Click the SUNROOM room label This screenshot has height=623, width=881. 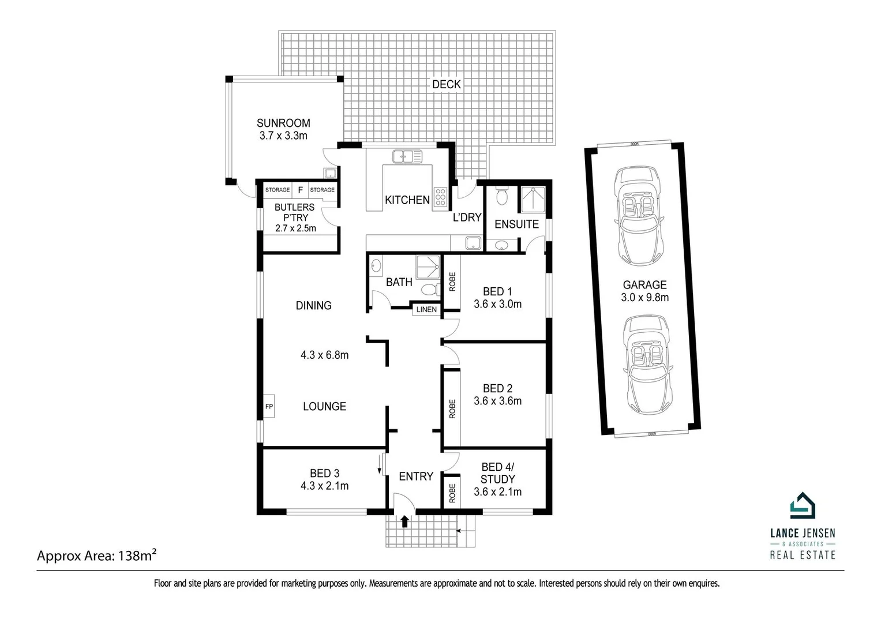point(283,123)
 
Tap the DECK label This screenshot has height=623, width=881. point(446,84)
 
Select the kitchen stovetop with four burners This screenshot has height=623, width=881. point(440,197)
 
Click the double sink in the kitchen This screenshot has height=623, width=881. point(407,156)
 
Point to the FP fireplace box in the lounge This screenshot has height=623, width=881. point(269,407)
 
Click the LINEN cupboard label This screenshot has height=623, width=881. point(426,310)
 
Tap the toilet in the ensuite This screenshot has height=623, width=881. point(501,196)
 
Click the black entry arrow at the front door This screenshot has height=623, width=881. point(404,521)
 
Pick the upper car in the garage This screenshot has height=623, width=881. point(638,216)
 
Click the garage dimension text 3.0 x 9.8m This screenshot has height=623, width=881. point(644,298)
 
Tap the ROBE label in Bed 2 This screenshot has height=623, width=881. point(452,408)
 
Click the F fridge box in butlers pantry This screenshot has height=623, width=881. point(300,190)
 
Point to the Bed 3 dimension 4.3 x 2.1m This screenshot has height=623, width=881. point(324,486)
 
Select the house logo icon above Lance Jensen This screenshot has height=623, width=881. point(802,506)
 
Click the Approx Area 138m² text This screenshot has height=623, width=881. point(97,556)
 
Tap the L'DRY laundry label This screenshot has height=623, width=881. point(467,217)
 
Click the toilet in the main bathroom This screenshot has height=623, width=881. point(429,288)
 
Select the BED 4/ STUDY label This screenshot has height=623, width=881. point(497,473)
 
